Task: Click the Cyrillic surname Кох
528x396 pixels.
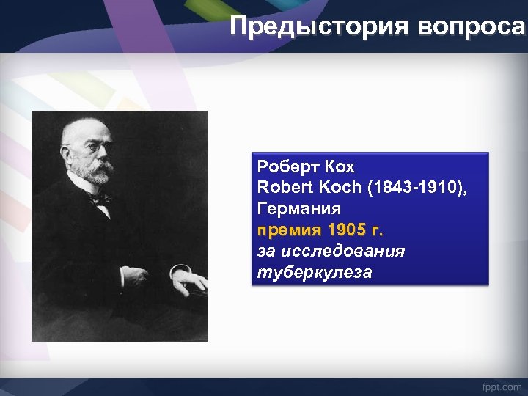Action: click(338, 166)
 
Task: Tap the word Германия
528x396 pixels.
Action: click(298, 208)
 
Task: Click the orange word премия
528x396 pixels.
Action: click(289, 230)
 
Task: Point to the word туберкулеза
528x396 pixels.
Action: click(315, 273)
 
